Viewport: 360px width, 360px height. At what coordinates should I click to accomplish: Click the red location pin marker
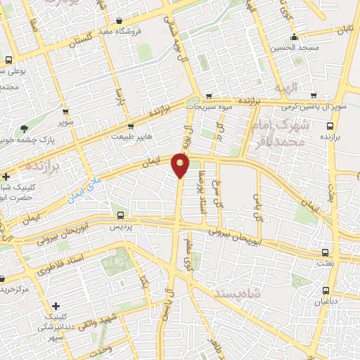tap(181, 165)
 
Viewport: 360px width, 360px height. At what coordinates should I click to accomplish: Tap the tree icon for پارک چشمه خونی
tap(25, 129)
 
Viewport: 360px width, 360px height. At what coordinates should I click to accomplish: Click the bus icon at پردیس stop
tap(120, 216)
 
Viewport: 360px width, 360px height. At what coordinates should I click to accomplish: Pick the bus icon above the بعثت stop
tap(324, 251)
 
